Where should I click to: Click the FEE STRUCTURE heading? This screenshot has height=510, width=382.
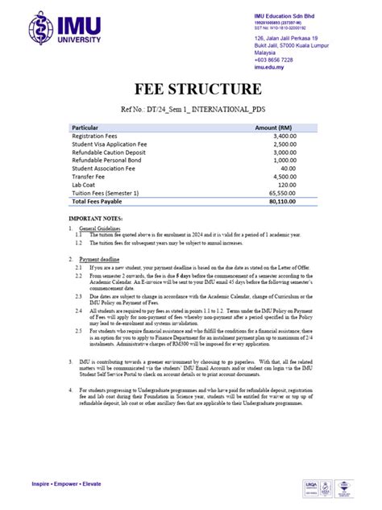tap(191, 89)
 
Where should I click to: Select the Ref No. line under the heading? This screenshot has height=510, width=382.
tap(191, 107)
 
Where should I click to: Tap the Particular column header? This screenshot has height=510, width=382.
tap(85, 127)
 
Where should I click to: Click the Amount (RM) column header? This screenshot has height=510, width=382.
tap(274, 127)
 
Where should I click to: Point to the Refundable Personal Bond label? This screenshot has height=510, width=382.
tap(106, 161)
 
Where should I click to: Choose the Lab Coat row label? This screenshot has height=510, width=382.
tap(85, 185)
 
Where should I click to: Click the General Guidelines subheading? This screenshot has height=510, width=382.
tap(101, 228)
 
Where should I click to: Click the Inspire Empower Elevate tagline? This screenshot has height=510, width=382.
tap(66, 484)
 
